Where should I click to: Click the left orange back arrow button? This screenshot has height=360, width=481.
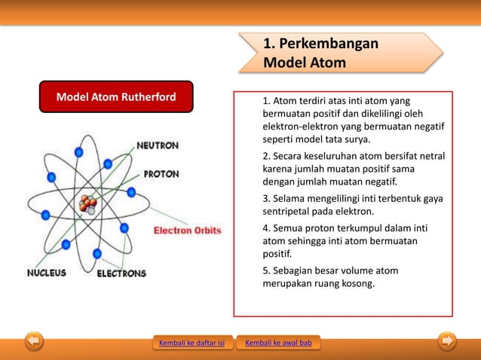[33, 342]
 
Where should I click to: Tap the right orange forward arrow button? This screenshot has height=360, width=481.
[447, 342]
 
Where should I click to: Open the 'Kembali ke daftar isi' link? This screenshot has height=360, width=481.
[191, 343]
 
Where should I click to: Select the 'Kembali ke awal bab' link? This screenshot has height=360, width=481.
[279, 343]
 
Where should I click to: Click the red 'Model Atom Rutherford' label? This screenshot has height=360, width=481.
[116, 97]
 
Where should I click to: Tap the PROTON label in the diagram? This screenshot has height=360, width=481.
[161, 174]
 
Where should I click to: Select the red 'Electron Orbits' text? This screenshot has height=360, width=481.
[188, 230]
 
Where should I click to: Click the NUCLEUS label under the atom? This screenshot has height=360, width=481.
[47, 273]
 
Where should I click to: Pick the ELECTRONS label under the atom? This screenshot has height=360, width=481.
[121, 273]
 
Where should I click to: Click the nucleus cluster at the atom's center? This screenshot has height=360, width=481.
[88, 203]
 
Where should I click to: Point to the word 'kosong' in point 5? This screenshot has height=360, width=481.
[357, 284]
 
